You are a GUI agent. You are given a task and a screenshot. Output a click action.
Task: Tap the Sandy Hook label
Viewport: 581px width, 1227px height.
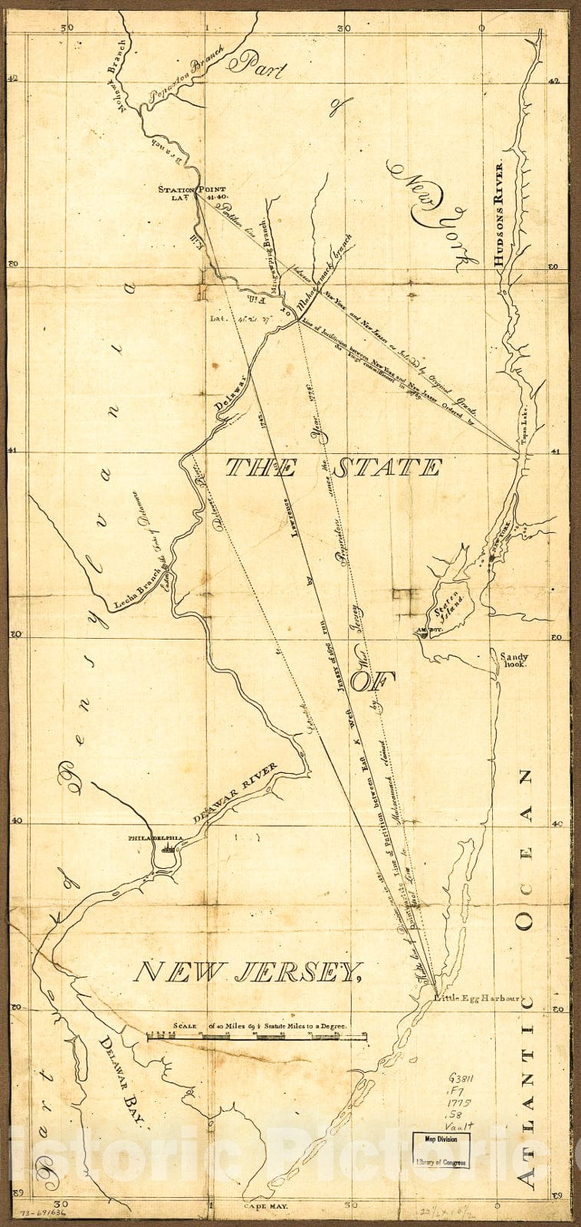tap(514, 661)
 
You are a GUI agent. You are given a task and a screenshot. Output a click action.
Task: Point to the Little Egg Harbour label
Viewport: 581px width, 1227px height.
tap(477, 998)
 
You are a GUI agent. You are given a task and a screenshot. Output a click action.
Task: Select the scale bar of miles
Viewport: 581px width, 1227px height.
tap(257, 1037)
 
